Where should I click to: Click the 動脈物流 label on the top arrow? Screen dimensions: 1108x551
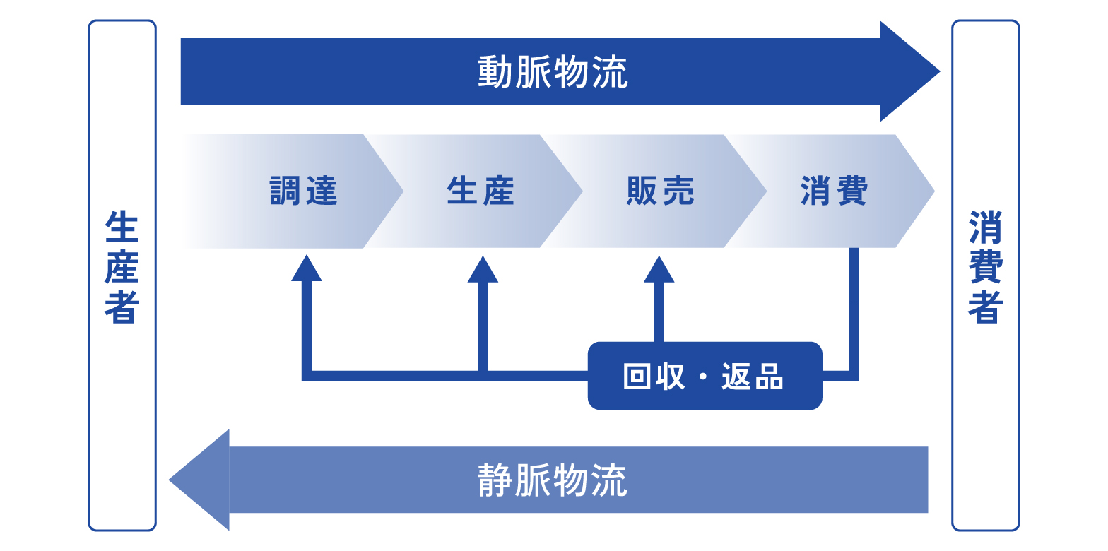tap(553, 72)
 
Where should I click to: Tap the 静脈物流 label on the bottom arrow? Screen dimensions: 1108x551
tap(553, 480)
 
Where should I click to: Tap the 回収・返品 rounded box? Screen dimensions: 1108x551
tap(705, 376)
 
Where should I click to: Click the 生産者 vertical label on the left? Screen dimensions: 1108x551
tap(122, 267)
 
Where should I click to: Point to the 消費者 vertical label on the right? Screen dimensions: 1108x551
tap(985, 267)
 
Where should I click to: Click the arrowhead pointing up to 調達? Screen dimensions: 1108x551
tap(307, 268)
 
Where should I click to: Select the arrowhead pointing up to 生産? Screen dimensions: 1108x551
tap(483, 270)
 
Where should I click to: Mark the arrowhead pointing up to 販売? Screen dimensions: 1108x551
tap(659, 270)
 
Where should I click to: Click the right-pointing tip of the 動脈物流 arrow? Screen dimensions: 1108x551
tap(940, 72)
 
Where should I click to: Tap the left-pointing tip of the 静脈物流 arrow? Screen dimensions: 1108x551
tap(169, 480)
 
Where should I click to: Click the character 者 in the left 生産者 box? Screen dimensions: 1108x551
tap(122, 307)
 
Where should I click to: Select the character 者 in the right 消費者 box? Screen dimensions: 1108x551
tap(985, 307)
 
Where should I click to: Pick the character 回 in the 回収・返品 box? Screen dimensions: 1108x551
tap(637, 377)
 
